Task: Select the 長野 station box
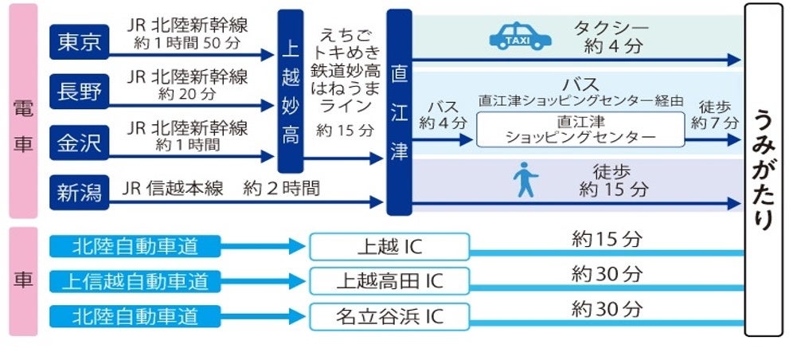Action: (x=79, y=92)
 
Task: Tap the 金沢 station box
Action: (x=79, y=143)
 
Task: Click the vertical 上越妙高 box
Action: (x=290, y=92)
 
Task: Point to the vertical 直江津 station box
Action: (x=398, y=112)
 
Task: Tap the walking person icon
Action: (x=525, y=180)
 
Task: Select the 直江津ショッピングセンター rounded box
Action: (x=580, y=129)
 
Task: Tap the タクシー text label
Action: (x=611, y=29)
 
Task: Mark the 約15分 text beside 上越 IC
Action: (x=607, y=237)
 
